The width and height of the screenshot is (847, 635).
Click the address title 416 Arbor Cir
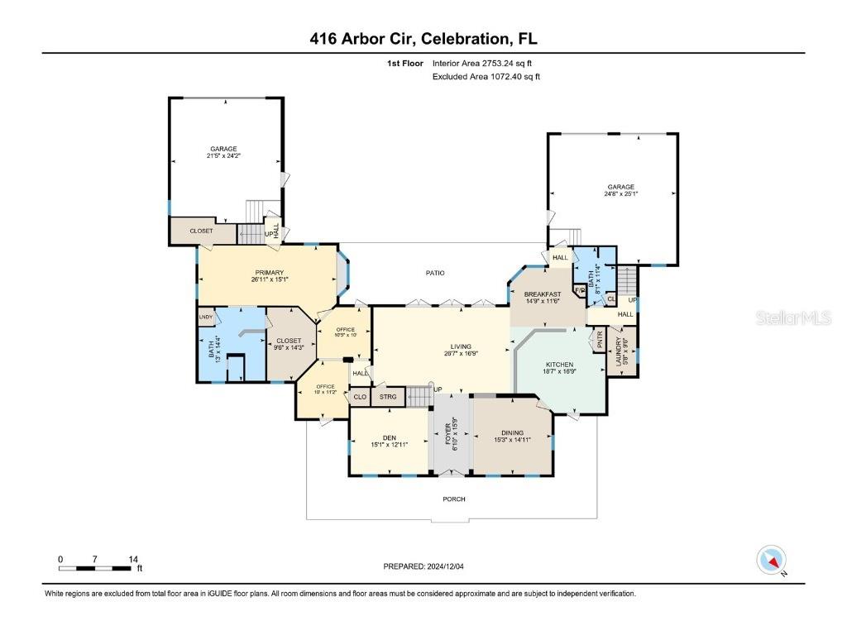[x=423, y=38]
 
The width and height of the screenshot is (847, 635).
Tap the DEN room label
[x=390, y=437]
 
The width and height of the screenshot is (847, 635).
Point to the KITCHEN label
[x=558, y=364]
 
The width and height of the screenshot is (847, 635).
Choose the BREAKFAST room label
[x=543, y=294]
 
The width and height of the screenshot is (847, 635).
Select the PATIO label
[x=435, y=273]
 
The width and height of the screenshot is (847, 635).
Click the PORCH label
[x=453, y=499]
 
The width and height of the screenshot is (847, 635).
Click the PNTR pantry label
[x=598, y=339]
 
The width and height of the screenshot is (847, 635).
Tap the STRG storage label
[x=388, y=397]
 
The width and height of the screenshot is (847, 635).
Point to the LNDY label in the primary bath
[x=205, y=317]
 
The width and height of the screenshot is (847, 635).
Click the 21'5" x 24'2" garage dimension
[x=224, y=155]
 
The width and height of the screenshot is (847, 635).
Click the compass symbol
[x=772, y=560]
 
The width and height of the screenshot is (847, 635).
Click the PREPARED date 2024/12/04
[x=429, y=566]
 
